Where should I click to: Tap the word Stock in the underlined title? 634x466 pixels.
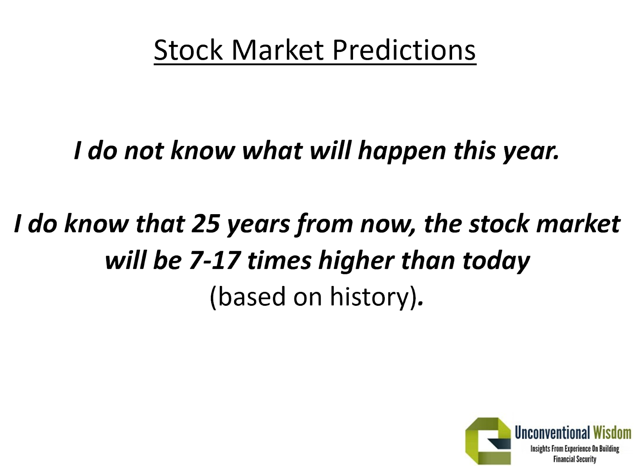188,50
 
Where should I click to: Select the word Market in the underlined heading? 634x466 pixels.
277,50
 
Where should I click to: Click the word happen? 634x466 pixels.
402,151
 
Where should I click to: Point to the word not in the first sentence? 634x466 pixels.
144,151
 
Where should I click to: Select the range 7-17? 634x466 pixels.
215,261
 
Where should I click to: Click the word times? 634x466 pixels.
279,261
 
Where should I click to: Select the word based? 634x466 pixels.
252,297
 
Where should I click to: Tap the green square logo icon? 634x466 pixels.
488,441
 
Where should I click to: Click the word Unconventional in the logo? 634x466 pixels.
552,433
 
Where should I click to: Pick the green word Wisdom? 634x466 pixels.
612,433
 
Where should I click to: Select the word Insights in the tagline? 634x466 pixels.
540,449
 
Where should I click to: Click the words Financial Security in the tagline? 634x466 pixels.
575,459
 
